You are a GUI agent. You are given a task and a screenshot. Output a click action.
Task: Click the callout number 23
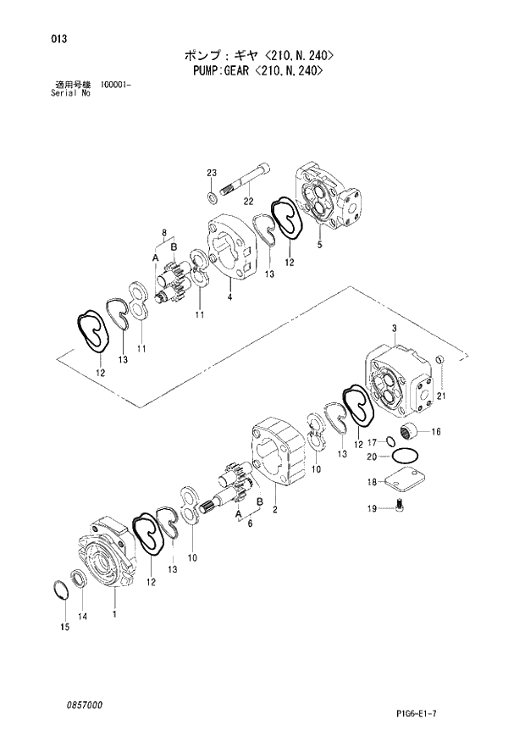point(212,174)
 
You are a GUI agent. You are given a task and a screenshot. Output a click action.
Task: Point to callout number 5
point(319,246)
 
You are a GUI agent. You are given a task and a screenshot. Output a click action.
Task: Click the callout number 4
point(229,297)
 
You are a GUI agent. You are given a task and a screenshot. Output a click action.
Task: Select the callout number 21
point(440,396)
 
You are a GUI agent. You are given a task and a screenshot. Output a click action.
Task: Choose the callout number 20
point(371,457)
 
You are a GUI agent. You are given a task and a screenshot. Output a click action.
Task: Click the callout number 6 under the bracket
point(250,524)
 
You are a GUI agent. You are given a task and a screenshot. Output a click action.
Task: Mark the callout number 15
point(64,627)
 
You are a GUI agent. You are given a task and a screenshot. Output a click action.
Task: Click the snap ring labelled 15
point(61,590)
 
